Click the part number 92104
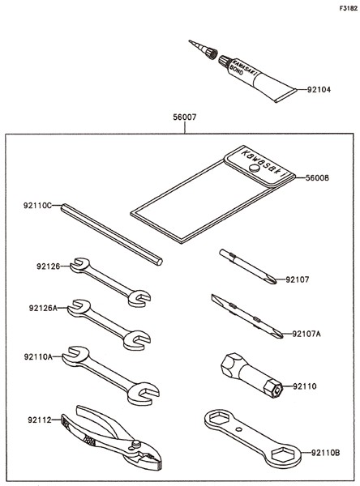tap(319, 90)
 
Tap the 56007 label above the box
tap(185, 117)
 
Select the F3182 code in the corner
tap(348, 9)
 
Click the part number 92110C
tap(37, 205)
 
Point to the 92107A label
tap(306, 334)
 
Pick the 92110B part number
tap(326, 453)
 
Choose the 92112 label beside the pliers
tap(40, 420)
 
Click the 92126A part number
tap(43, 308)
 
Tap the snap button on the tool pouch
tap(254, 168)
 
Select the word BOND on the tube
tap(237, 70)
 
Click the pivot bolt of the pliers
tap(135, 444)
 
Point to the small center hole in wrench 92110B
tap(238, 429)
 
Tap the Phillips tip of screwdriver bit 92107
tap(272, 280)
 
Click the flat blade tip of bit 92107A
tap(215, 298)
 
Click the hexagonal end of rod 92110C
tap(159, 262)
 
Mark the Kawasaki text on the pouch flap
tap(264, 164)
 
